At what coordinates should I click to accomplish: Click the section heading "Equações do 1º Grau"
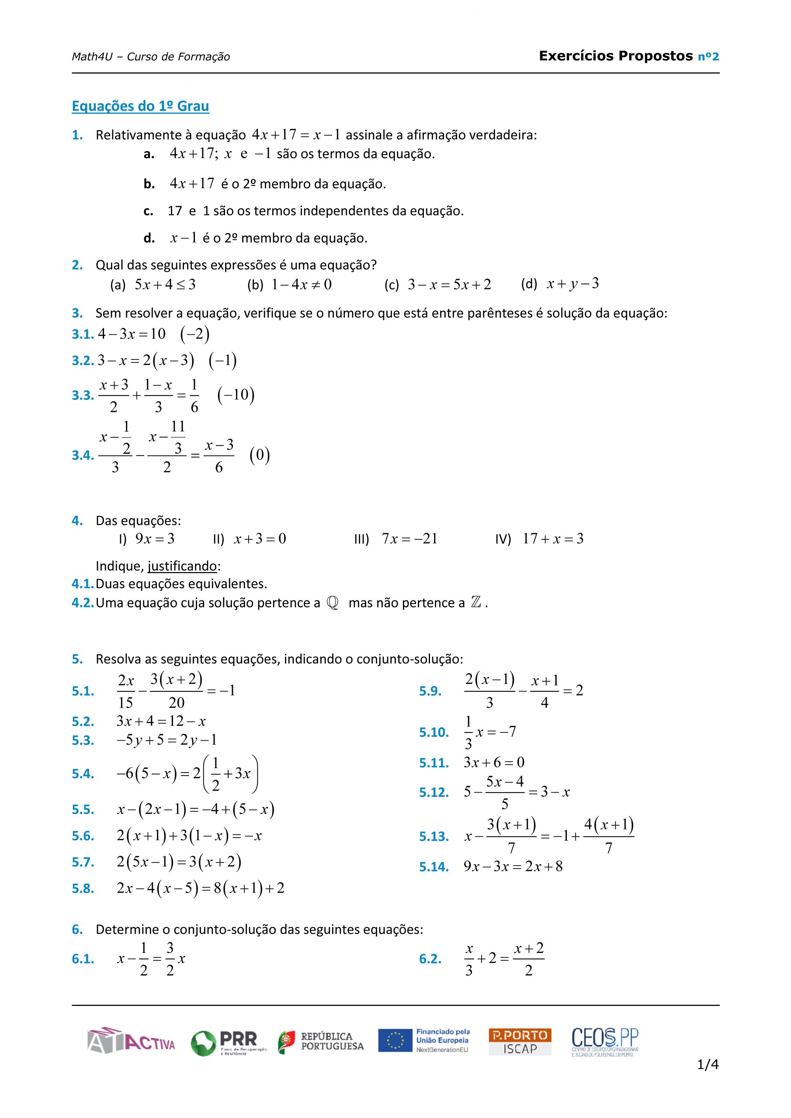pos(140,106)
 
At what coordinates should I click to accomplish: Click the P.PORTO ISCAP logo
pos(520,1042)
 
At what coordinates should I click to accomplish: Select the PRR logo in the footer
pos(229,1042)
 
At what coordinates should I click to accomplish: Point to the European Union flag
pos(395,1041)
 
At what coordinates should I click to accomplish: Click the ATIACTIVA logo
pos(131,1041)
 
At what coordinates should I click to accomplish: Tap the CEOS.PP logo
pos(604,1042)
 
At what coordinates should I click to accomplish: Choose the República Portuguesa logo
pos(321,1042)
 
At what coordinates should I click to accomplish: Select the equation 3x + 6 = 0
pos(494,763)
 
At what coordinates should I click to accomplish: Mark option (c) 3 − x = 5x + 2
pos(449,284)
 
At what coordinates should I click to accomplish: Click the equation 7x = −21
pos(409,538)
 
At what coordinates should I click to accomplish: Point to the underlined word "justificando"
pos(182,566)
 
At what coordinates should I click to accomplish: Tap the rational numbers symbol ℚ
pos(333,603)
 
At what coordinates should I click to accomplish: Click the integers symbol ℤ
pos(476,603)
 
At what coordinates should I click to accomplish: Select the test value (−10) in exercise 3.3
pos(236,395)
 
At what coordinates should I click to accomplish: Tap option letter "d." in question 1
pos(149,238)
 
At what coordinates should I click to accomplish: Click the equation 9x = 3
pos(155,538)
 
